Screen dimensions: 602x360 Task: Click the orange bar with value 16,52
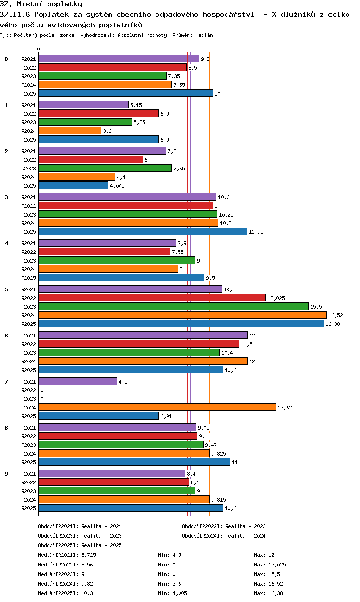[182, 315]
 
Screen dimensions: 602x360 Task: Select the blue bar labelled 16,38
[181, 324]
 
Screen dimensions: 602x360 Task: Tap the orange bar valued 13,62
[157, 407]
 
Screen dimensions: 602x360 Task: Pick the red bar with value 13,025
[152, 298]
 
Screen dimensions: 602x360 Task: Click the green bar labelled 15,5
[173, 306]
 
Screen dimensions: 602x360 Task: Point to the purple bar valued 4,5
[78, 381]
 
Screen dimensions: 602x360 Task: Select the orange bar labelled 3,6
[70, 131]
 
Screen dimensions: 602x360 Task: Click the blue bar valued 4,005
[73, 185]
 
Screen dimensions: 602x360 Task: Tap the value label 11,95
[256, 232]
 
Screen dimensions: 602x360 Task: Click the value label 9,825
[218, 454]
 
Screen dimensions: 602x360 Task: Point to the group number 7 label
[6, 382]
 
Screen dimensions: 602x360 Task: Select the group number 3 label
[6, 197]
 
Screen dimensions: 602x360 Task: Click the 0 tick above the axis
[39, 49]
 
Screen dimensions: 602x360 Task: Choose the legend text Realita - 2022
[245, 526]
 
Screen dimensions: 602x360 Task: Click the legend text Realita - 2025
[101, 545]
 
